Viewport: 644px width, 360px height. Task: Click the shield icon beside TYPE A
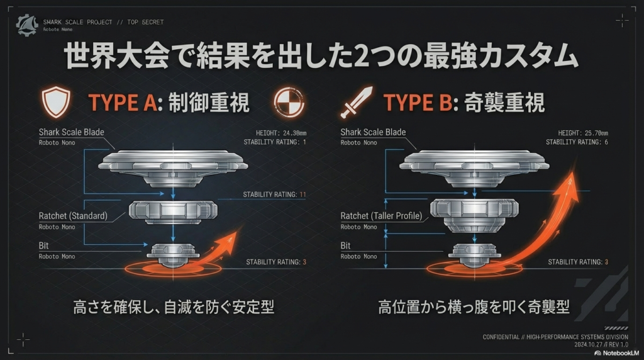point(55,102)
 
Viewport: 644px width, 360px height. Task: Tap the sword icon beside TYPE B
point(356,102)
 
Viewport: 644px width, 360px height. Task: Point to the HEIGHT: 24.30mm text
point(276,133)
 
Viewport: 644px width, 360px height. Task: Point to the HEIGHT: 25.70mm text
point(578,133)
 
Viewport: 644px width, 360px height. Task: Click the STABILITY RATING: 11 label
point(274,194)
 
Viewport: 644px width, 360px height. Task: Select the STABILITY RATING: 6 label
point(577,142)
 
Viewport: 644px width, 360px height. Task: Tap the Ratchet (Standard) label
point(73,216)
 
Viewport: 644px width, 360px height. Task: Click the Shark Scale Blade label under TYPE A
point(72,132)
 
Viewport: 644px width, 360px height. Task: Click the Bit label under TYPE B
point(345,246)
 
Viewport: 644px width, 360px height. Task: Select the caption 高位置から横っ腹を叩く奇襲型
point(474,307)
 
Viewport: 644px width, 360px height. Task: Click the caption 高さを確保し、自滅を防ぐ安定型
point(174,307)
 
